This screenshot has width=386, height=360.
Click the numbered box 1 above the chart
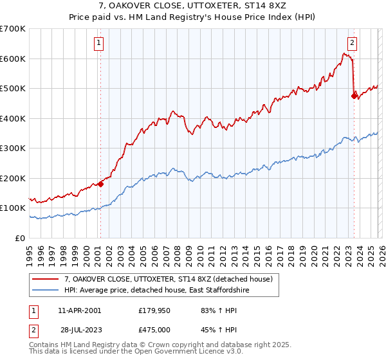pos(100,44)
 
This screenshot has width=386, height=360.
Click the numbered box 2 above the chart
pos(353,44)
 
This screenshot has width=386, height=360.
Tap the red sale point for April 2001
pos(100,184)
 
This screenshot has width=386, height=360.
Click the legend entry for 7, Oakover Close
pos(169,279)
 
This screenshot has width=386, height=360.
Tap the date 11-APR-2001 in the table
pos(79,310)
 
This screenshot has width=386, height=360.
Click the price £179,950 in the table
pos(153,310)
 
